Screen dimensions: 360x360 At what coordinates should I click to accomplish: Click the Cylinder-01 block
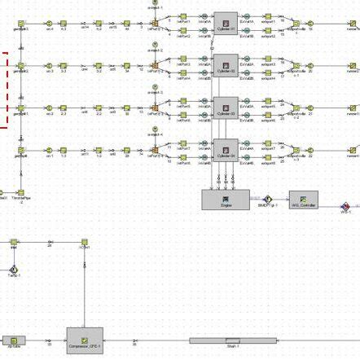226,22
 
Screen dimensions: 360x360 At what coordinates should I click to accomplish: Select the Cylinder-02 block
226,64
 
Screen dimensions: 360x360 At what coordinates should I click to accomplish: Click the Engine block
226,199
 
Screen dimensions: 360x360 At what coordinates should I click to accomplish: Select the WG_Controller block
303,199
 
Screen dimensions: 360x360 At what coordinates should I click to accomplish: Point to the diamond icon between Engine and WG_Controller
266,198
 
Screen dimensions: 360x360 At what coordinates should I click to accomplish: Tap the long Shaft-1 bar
233,340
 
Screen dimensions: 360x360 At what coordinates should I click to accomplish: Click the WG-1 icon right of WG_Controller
345,204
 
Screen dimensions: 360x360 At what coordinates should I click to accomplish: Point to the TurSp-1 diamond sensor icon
13,269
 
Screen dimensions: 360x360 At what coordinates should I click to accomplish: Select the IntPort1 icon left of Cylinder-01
184,22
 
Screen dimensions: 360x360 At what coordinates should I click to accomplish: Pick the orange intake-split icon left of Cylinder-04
155,149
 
